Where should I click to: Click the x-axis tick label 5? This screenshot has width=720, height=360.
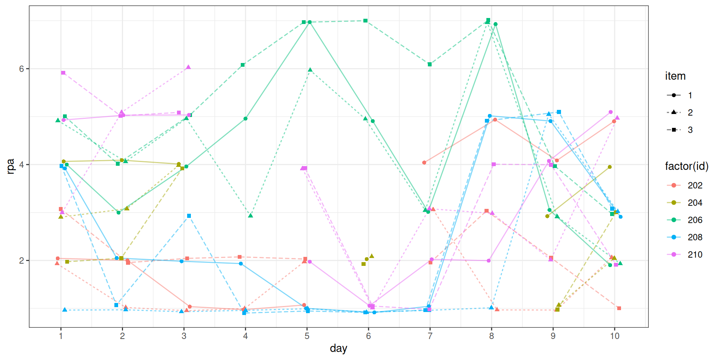pyautogui.click(x=307, y=336)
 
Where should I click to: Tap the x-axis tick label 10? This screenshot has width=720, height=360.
pyautogui.click(x=615, y=336)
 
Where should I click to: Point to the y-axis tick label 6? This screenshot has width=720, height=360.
pyautogui.click(x=21, y=69)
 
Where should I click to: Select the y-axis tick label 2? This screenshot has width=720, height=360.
pyautogui.click(x=21, y=260)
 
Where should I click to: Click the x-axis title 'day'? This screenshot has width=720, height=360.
pyautogui.click(x=338, y=348)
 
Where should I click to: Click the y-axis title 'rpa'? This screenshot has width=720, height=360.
pyautogui.click(x=10, y=166)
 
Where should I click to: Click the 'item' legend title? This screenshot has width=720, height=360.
pyautogui.click(x=675, y=76)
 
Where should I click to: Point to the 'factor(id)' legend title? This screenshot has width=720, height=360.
pyautogui.click(x=687, y=166)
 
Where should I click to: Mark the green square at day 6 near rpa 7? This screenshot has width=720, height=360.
pyautogui.click(x=365, y=21)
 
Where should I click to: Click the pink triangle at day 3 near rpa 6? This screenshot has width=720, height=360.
pyautogui.click(x=188, y=67)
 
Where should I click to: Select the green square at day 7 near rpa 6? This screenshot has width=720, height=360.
pyautogui.click(x=429, y=64)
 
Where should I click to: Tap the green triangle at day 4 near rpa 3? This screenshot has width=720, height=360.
pyautogui.click(x=250, y=216)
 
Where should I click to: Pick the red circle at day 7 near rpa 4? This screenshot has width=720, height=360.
pyautogui.click(x=424, y=162)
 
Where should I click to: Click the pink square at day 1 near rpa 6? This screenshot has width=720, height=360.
pyautogui.click(x=63, y=73)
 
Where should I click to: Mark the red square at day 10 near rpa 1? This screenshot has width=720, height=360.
pyautogui.click(x=619, y=308)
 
